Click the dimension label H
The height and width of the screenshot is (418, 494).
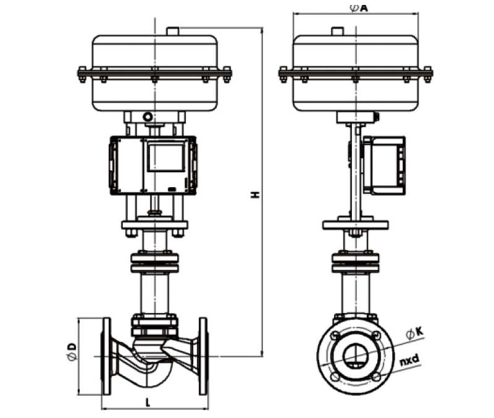click(254, 194)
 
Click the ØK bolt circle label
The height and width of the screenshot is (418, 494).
click(415, 333)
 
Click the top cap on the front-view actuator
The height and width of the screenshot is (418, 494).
click(172, 31)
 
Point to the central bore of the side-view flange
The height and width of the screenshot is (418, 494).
click(354, 354)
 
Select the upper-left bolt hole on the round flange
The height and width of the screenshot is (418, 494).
click(334, 336)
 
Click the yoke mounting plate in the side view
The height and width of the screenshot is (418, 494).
click(355, 225)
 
